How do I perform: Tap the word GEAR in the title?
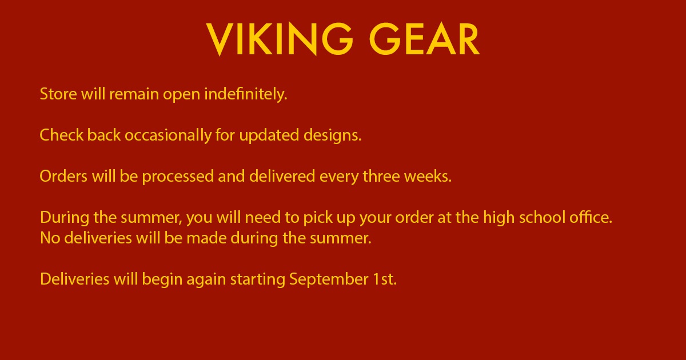[424, 39]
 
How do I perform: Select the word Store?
[58, 94]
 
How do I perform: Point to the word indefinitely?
[246, 94]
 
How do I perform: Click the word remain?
[134, 94]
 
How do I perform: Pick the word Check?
[62, 135]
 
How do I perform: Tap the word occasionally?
[168, 135]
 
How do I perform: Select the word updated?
[269, 135]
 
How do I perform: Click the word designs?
[333, 135]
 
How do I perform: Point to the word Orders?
[63, 177]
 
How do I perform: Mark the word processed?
[178, 177]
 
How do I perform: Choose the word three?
[381, 177]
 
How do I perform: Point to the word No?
[50, 238]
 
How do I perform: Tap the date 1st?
[385, 279]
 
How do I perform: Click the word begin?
[162, 279]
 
